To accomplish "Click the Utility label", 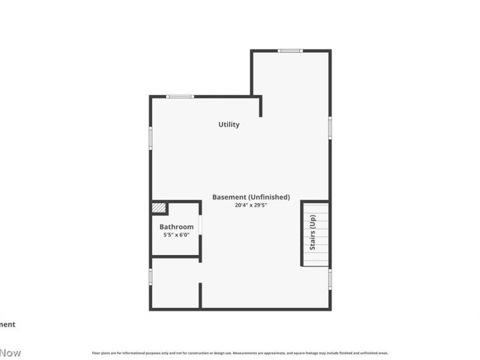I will pos(229,125).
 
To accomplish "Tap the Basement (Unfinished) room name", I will pos(251,197).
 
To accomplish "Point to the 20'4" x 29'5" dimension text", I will pos(251,205).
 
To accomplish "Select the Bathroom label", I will pos(176,227).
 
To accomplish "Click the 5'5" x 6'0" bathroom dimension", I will pos(176,235).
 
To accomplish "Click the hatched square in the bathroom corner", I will pos(158,208).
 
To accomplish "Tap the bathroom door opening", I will pos(200,225).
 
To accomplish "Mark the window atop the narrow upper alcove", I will pos(290,50).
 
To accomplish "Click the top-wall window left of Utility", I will pos(180,96).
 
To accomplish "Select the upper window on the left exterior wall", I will pos(151,137).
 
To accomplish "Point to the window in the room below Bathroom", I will pos(151,276).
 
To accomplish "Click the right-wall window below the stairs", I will pos(330,278).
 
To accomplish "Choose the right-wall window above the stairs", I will pos(330,128).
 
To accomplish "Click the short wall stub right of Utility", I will pos(260,107).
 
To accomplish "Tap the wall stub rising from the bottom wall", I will pos(200,295).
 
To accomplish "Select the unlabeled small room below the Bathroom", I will pos(175,283).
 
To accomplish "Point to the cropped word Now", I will pos(10,353).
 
